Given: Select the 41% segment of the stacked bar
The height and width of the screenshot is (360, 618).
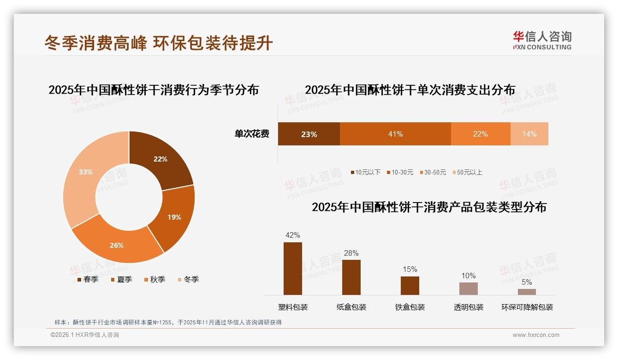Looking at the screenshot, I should point(395,134).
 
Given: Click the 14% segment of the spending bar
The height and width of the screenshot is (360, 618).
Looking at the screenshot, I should point(529,134).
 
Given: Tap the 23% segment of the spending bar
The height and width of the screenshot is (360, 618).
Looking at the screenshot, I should point(309,134).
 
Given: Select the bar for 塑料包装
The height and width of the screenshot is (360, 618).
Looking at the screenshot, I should point(293,269).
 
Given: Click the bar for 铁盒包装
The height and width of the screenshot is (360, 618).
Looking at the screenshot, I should point(410,286).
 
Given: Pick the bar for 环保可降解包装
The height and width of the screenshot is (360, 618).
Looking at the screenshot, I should point(527,292).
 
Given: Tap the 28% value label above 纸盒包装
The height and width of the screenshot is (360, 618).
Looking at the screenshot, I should point(351,253).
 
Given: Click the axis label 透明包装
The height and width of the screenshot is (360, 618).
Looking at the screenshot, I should point(469,307).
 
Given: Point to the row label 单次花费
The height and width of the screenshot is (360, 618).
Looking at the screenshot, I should point(252,134).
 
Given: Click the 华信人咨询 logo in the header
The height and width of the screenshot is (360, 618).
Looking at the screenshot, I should point(542,40).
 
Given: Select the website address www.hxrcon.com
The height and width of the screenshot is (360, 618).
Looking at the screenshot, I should point(536,335).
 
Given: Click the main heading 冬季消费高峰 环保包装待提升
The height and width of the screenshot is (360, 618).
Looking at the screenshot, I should point(159,43).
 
